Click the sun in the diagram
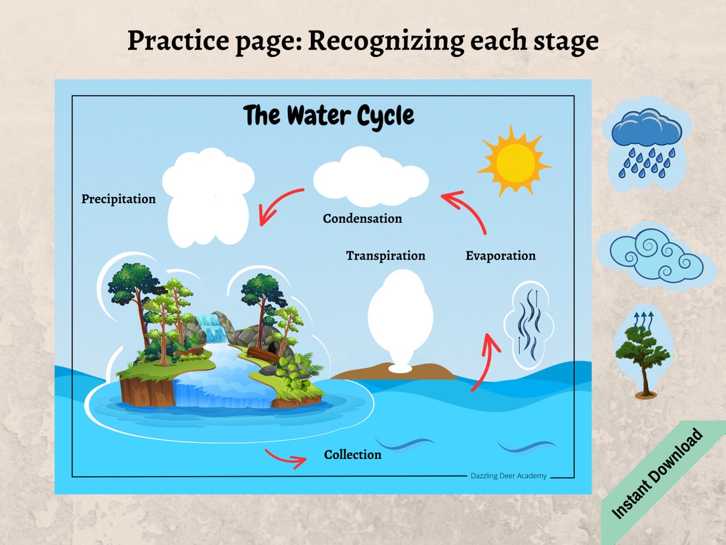pos(514,161)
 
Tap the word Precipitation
pos(118,199)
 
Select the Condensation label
pos(362,219)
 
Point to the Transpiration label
pos(385,256)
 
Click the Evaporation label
pos(501,256)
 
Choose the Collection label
pos(353,454)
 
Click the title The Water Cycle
pos(329,116)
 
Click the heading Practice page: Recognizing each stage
pos(362,41)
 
